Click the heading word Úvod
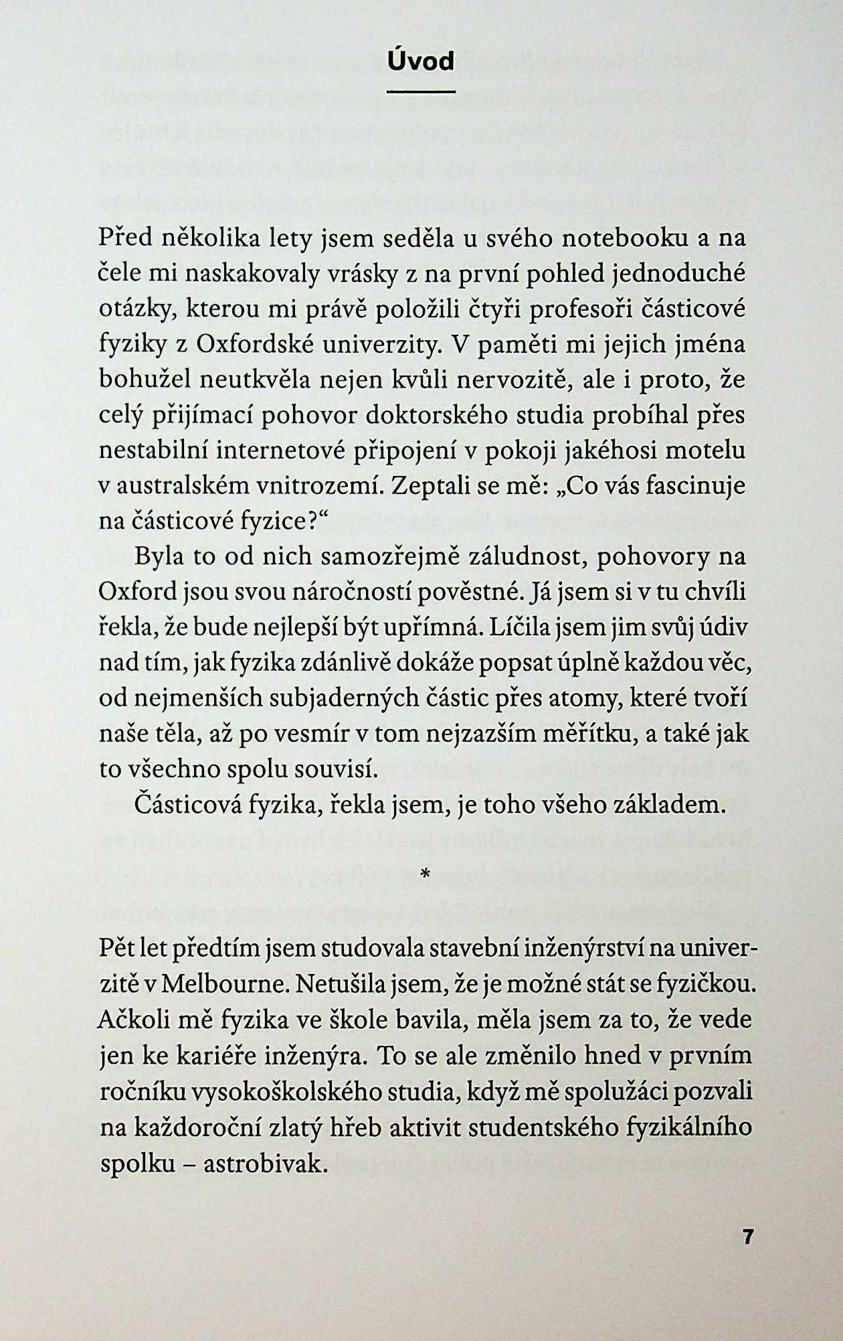point(421,61)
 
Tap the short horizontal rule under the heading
point(421,92)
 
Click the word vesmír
point(309,734)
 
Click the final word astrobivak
point(265,1164)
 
